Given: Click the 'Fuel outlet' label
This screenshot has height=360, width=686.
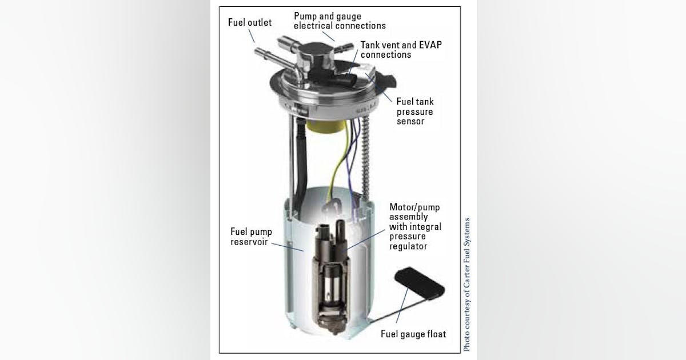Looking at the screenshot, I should point(250,23).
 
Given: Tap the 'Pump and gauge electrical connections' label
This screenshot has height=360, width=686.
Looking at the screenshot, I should point(340,21).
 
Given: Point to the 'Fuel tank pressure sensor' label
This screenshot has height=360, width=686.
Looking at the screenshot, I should point(414,111).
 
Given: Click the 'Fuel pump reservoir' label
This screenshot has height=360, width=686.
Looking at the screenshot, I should point(251,237).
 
